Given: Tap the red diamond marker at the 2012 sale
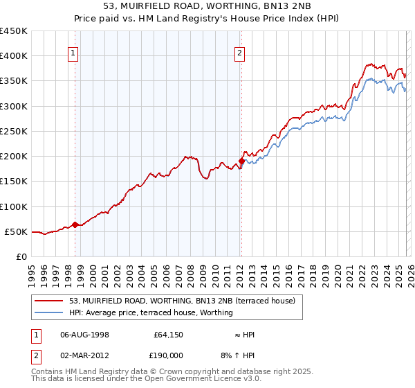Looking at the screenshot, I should point(241,161).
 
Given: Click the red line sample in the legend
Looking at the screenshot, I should point(49,301).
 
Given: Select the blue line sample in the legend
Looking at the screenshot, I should point(49,312).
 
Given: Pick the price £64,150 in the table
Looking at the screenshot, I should point(167,335).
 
